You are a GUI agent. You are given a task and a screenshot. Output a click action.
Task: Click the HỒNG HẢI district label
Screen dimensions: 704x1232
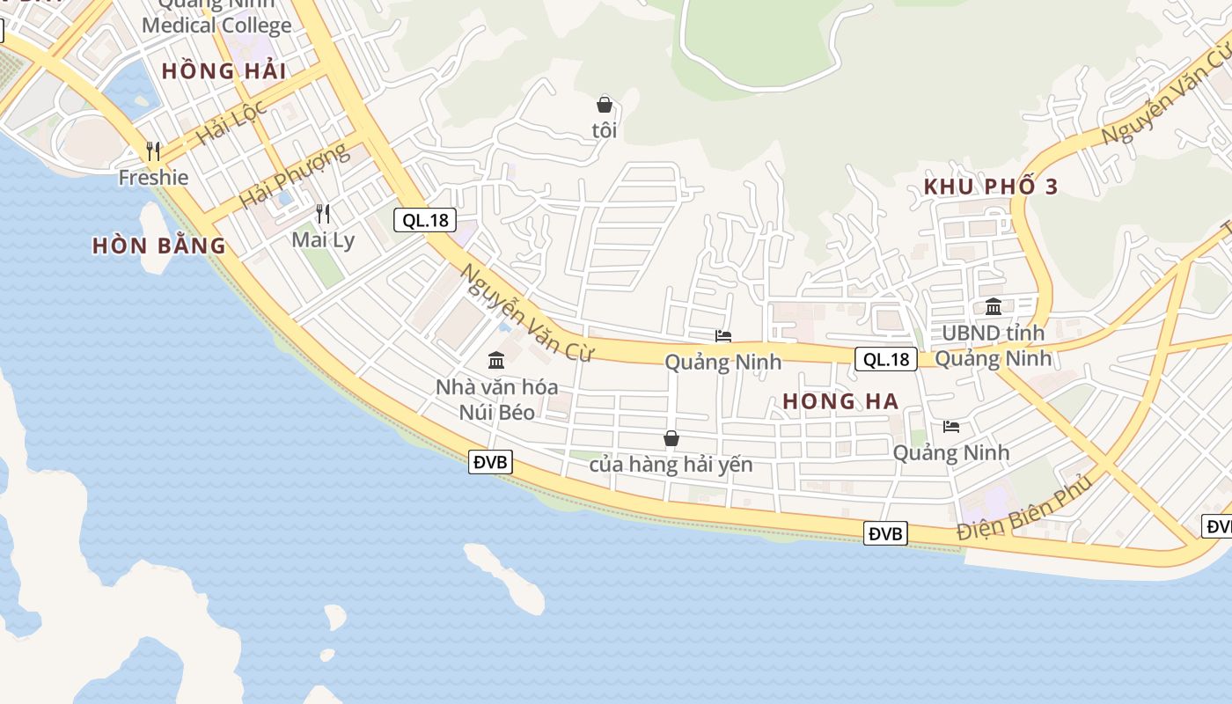point(224,71)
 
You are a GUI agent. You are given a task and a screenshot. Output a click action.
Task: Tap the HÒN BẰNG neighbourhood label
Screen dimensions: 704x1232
point(159,246)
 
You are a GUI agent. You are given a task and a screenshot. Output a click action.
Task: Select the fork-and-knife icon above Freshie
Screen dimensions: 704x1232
point(154,151)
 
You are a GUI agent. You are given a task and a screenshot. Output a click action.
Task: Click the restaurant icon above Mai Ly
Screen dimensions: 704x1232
point(323,213)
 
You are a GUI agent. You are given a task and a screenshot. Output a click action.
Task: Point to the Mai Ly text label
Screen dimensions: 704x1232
point(323,239)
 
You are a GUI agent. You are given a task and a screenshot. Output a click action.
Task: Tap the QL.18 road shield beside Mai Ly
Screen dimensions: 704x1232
point(425,220)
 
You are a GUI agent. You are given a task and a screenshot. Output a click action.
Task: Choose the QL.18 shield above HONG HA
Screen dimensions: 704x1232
point(886,359)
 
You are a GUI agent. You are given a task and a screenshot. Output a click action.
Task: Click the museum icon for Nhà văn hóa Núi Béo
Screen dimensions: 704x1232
point(496,360)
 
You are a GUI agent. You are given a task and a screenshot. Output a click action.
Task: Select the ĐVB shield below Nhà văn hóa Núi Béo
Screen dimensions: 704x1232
point(490,462)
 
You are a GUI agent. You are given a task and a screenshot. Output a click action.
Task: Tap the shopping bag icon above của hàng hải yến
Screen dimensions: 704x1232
point(671,438)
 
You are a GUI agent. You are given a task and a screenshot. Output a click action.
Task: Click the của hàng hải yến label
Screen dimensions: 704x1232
point(671,464)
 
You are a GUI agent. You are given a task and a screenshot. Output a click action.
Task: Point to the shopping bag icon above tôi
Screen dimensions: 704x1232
point(605,105)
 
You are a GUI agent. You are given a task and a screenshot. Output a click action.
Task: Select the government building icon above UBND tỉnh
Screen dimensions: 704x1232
point(994,306)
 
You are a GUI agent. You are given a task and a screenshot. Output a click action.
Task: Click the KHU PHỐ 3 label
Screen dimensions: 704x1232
point(991,187)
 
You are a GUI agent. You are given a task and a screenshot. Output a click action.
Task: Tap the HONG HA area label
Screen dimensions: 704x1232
point(840,401)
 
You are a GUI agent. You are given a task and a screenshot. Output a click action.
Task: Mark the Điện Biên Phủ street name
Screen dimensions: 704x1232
point(1024,508)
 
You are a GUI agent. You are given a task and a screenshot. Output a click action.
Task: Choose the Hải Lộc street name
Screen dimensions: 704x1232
point(231,123)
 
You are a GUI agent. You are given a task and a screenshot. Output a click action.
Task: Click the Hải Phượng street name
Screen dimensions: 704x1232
point(294,176)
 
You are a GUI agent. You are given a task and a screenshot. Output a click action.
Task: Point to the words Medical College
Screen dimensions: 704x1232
point(216,26)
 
